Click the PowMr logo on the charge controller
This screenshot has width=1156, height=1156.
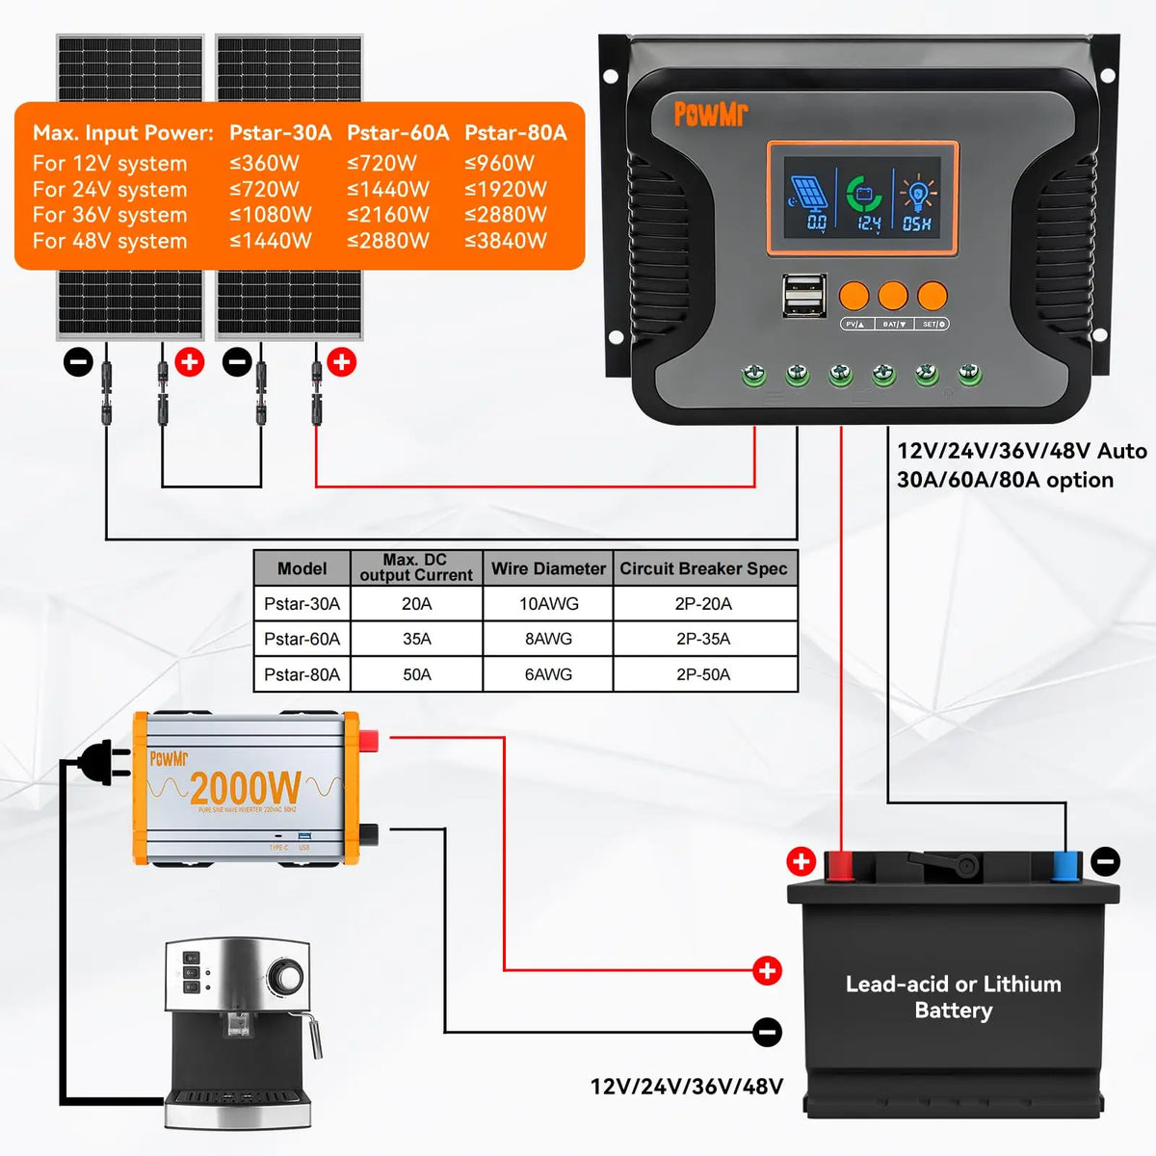pyautogui.click(x=710, y=114)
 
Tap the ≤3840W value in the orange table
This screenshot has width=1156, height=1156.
pyautogui.click(x=506, y=241)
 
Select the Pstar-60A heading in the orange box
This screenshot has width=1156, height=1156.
pyautogui.click(x=398, y=133)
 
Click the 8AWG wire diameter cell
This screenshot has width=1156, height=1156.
pyautogui.click(x=548, y=639)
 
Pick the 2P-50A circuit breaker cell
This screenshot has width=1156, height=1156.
pyautogui.click(x=703, y=674)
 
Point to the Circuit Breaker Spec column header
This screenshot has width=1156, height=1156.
pyautogui.click(x=703, y=568)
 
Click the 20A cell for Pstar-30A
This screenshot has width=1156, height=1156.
pyautogui.click(x=416, y=604)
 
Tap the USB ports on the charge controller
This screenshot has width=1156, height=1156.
pyautogui.click(x=802, y=295)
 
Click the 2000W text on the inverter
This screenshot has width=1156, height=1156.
pyautogui.click(x=246, y=789)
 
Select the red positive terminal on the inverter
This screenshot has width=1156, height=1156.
pyautogui.click(x=368, y=741)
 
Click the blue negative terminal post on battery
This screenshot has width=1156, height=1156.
pyautogui.click(x=1065, y=866)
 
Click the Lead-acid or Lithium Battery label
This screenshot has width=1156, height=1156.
pyautogui.click(x=953, y=997)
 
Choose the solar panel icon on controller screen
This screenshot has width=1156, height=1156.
pyautogui.click(x=808, y=195)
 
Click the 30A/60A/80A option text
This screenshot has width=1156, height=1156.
pyautogui.click(x=1005, y=480)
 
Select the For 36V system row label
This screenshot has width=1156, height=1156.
pyautogui.click(x=110, y=215)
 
